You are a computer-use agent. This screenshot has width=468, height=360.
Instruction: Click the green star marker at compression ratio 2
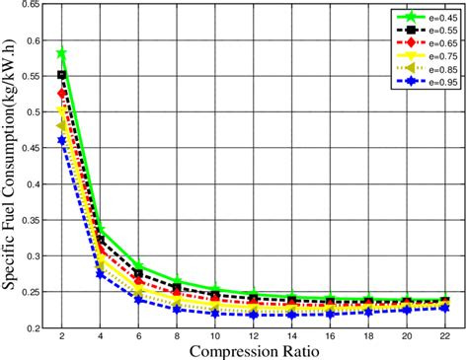(x=62, y=52)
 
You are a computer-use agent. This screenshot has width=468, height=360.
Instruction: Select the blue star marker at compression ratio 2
(x=62, y=140)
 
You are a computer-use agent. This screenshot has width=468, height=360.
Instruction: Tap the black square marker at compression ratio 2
(x=62, y=74)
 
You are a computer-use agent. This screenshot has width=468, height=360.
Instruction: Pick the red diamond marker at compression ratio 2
(x=62, y=93)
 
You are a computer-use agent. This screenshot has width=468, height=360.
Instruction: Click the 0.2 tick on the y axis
(x=32, y=326)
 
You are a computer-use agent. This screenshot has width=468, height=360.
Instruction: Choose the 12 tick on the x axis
(x=253, y=336)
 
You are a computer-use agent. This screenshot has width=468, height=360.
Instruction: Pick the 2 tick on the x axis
(x=62, y=336)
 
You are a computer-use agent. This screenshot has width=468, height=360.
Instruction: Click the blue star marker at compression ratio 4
(x=101, y=273)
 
